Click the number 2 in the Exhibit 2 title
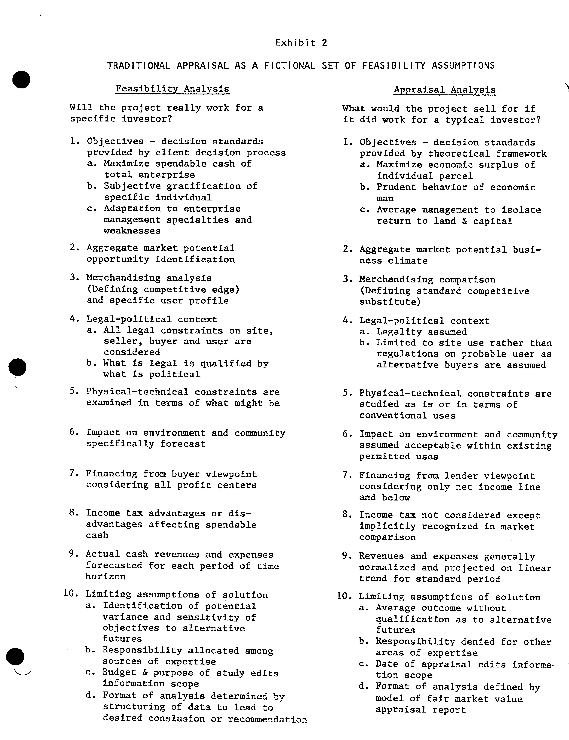324,43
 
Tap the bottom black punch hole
15,657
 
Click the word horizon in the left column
105,576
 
